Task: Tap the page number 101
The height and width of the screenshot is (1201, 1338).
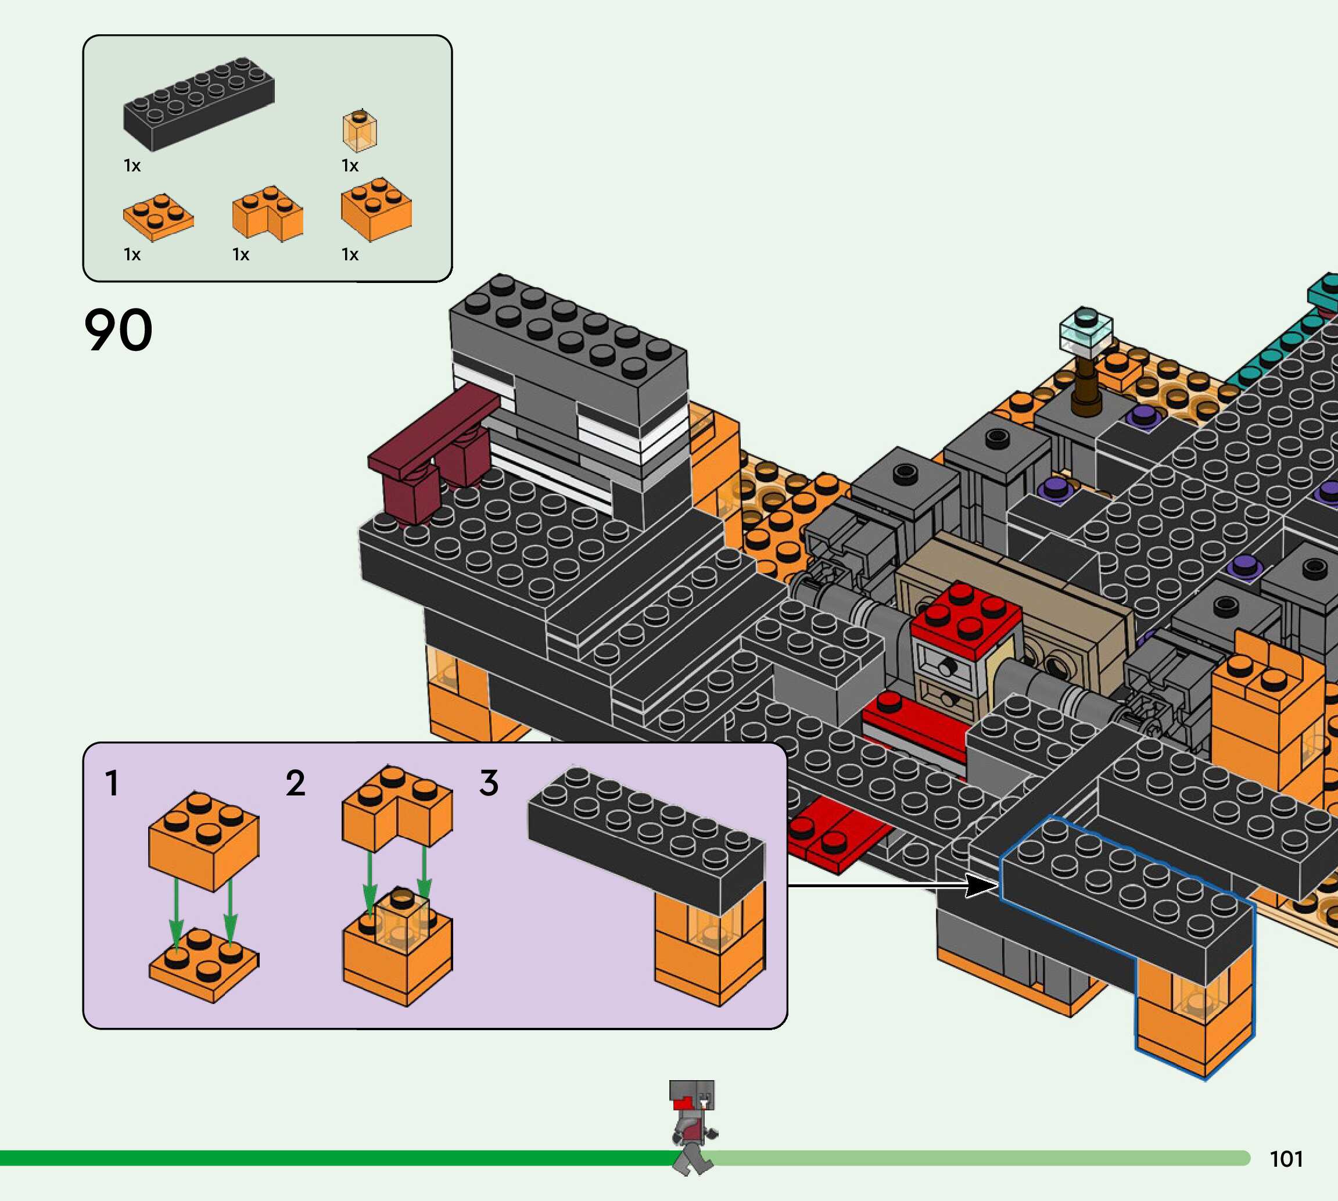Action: (x=1286, y=1159)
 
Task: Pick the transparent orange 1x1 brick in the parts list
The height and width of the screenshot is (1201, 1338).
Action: (x=360, y=130)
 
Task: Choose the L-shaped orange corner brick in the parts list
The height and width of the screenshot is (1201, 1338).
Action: (x=267, y=213)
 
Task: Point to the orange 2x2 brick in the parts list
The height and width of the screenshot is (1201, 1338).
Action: (x=376, y=208)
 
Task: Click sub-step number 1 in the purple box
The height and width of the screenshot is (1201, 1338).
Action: (x=112, y=783)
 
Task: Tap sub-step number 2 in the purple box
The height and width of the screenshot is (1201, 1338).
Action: (x=295, y=783)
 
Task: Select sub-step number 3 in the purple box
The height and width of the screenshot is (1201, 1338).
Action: (x=488, y=783)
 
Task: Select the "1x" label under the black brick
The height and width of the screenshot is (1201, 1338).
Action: (x=132, y=166)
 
